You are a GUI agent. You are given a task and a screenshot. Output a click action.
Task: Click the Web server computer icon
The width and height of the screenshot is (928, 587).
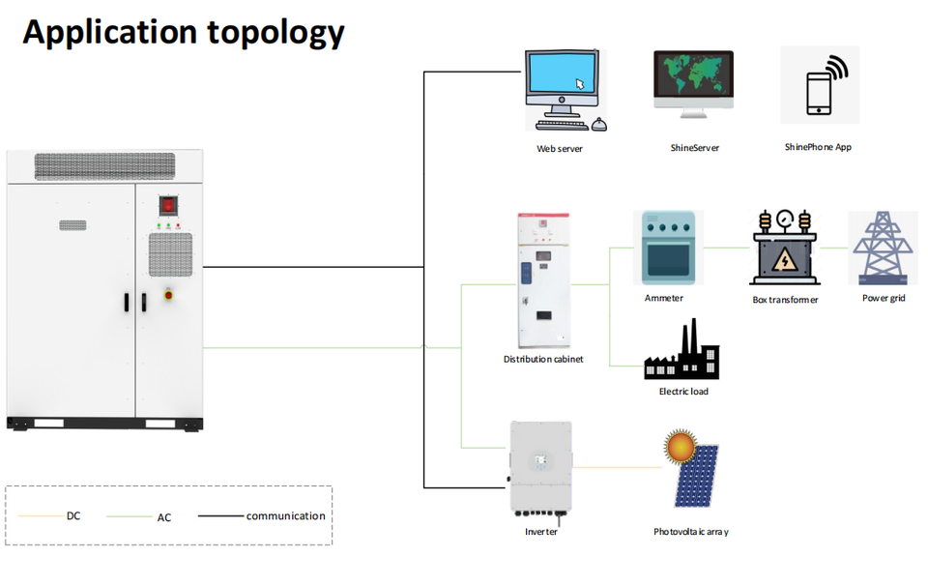[565, 90]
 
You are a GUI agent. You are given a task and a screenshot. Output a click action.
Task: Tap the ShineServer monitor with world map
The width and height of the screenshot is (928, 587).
[694, 84]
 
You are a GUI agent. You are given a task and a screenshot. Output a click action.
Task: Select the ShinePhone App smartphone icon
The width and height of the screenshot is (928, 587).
[821, 85]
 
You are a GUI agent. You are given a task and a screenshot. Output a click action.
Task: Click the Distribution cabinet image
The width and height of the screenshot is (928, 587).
[544, 280]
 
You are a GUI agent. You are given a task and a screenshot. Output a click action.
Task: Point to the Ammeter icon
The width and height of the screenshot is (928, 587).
[668, 248]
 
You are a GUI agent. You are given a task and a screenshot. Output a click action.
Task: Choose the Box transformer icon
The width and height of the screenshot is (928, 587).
[785, 247]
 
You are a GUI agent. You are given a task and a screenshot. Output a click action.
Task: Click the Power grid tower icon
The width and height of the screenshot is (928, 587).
[883, 249]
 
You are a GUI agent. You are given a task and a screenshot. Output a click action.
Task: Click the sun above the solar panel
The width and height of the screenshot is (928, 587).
[680, 446]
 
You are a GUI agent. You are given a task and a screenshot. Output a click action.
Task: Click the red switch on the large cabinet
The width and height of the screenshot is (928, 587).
[168, 206]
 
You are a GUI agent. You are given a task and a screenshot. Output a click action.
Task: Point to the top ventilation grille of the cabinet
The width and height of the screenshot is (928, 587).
[104, 166]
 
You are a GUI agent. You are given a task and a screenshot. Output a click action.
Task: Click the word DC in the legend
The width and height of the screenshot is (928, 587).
[73, 515]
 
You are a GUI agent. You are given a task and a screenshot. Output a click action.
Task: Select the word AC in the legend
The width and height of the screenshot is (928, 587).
[164, 517]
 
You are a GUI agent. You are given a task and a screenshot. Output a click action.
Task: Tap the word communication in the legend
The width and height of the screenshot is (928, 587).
[286, 515]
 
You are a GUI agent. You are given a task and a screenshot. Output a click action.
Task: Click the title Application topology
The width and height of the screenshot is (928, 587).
[184, 33]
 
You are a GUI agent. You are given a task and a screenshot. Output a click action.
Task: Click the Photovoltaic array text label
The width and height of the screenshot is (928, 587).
[690, 532]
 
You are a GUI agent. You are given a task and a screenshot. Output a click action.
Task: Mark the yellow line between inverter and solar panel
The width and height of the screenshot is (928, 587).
[618, 467]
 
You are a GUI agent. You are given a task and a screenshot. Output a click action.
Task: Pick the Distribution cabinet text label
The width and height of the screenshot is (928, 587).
[543, 359]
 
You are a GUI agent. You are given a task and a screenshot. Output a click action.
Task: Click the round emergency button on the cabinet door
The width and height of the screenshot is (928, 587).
[168, 294]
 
